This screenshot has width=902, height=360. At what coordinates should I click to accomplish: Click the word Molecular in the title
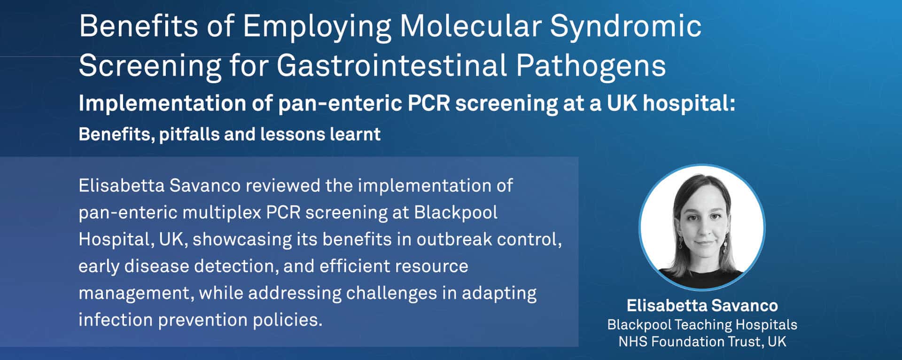[x=470, y=26]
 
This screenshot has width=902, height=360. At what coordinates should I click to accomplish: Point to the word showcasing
[x=242, y=240]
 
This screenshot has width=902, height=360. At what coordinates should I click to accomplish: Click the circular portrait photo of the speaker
[x=702, y=227]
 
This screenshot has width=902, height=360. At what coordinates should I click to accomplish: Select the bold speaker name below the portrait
[x=702, y=305]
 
